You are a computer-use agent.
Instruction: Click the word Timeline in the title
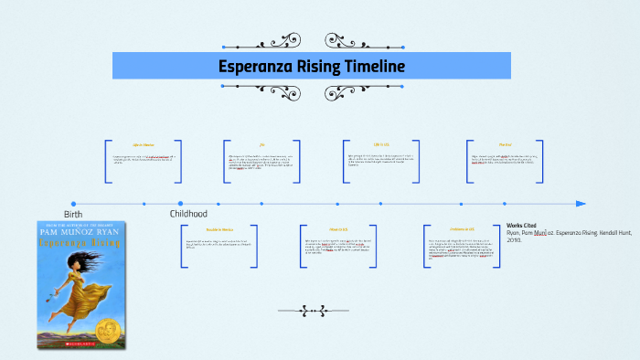click(368, 67)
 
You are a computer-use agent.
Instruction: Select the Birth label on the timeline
click(73, 214)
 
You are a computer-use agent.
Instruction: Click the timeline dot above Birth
click(73, 204)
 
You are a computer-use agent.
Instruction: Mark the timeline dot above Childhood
click(180, 204)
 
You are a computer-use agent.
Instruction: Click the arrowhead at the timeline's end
click(581, 204)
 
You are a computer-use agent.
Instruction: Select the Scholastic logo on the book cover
click(81, 346)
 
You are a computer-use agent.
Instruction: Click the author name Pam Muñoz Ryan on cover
click(81, 234)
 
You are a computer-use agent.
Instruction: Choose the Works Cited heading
click(524, 225)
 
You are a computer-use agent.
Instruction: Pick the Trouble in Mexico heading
click(220, 228)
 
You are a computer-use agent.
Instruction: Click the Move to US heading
click(338, 228)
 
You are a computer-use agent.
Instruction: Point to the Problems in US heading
click(463, 228)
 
